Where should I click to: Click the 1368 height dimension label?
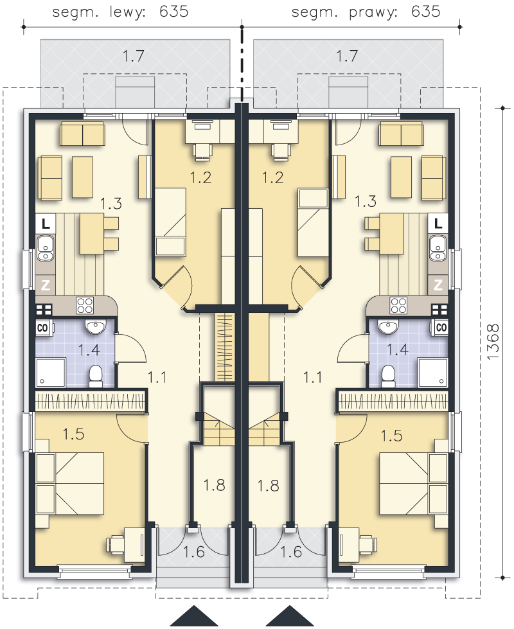coord(493,342)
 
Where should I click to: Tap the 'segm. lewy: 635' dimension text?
coord(120,12)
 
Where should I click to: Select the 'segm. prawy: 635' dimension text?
coord(366,12)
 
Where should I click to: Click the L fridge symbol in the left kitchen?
coord(46,223)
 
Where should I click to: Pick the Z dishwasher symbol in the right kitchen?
coord(438,285)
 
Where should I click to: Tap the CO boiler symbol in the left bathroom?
coord(42,328)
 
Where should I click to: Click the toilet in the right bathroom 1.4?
coord(388,376)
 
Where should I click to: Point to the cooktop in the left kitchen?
coord(85,306)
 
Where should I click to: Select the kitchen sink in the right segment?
coord(438,248)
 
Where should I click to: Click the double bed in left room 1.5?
coord(70,483)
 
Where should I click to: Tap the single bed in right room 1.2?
coord(313,223)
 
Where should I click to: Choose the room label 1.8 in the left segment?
coord(214,485)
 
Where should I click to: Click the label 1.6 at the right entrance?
coord(291,552)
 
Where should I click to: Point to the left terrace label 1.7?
coord(133,56)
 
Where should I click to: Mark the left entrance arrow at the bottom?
coord(194,616)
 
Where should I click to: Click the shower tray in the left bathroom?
coord(51,372)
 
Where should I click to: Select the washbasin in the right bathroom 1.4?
coord(388,327)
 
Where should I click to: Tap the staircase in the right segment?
coord(263,430)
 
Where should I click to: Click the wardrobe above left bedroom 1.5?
coord(90,401)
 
